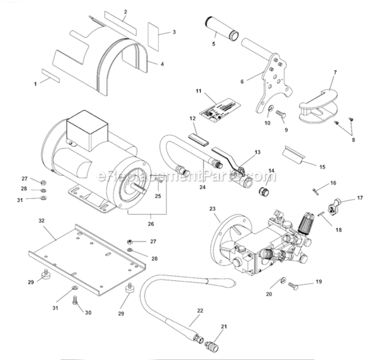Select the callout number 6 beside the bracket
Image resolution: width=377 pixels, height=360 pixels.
[242, 82]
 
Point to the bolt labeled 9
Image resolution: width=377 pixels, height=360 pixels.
[280, 115]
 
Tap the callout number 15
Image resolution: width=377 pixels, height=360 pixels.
[322, 167]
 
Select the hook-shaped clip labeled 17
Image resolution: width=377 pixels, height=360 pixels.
[332, 206]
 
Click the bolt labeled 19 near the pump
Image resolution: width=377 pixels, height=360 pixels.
[293, 286]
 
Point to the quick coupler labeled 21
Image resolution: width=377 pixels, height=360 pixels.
[212, 345]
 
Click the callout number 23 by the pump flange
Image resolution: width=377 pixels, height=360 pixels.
[212, 208]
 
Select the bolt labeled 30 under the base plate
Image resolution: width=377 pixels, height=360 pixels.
[74, 300]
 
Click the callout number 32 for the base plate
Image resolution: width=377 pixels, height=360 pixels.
[41, 221]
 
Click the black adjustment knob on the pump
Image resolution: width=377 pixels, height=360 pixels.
[305, 221]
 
